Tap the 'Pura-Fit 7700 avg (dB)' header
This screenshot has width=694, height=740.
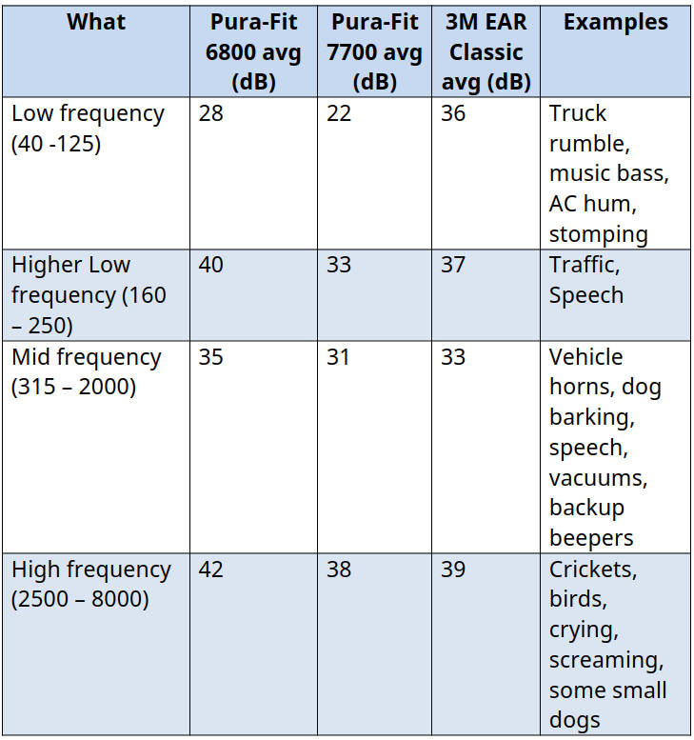pyautogui.click(x=374, y=51)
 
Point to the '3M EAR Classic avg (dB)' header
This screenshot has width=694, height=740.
pyautogui.click(x=486, y=51)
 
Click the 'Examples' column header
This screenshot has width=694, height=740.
pyautogui.click(x=616, y=22)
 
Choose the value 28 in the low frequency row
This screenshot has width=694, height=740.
pyautogui.click(x=210, y=113)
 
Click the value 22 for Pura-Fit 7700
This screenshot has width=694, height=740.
pyautogui.click(x=339, y=113)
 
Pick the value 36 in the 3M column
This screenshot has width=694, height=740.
pyautogui.click(x=454, y=113)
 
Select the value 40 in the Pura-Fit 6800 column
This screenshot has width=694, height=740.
pyautogui.click(x=211, y=265)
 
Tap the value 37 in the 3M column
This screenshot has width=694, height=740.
pyautogui.click(x=454, y=265)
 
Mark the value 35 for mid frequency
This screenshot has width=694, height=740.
pyautogui.click(x=210, y=357)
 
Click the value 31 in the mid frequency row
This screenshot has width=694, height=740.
pyautogui.click(x=338, y=357)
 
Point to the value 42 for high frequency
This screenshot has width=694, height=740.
pyautogui.click(x=211, y=570)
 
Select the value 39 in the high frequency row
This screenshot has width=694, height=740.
pyautogui.click(x=454, y=570)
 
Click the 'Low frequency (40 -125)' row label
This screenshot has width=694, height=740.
pyautogui.click(x=88, y=129)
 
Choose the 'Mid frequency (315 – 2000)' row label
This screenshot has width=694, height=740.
pyautogui.click(x=86, y=372)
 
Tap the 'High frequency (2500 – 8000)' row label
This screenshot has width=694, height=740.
pyautogui.click(x=90, y=585)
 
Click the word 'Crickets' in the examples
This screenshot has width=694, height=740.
pyautogui.click(x=593, y=570)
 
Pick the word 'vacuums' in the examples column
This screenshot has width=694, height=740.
pyautogui.click(x=593, y=478)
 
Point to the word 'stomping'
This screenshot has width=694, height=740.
pyautogui.click(x=598, y=234)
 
